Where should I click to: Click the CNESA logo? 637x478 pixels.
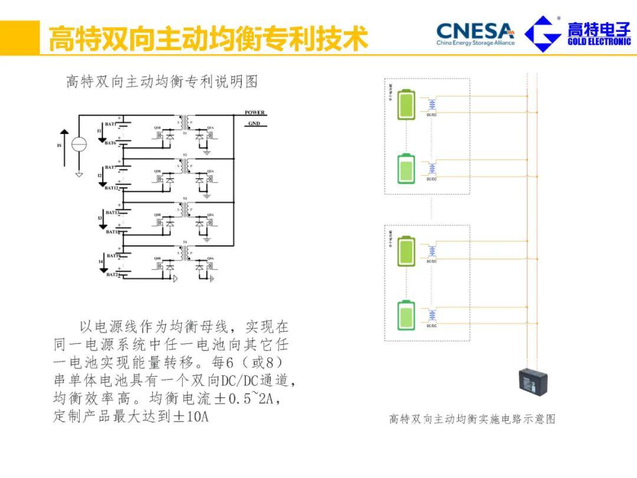475,33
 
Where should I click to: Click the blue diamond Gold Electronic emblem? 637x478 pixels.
543,34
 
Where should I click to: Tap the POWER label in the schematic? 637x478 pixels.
255,113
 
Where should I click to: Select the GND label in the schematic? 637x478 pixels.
254,124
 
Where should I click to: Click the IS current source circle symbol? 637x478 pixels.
79,143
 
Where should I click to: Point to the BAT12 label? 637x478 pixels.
112,188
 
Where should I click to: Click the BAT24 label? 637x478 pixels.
113,274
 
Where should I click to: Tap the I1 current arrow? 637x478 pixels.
101,136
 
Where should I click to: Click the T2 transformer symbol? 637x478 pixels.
185,165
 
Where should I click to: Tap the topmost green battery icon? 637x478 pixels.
406,104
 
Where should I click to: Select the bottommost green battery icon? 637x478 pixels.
406,316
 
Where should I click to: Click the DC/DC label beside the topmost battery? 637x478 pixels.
432,115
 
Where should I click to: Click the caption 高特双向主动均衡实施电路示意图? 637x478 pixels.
472,419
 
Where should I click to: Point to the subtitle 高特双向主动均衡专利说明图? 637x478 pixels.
162,82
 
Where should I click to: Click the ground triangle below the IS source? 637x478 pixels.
79,174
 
